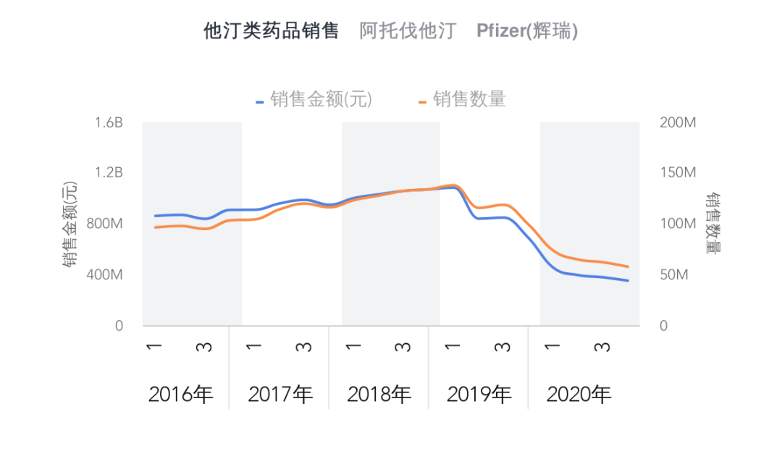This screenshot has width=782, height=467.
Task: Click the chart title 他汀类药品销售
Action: pos(271,31)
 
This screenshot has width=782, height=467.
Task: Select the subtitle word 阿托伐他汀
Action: pos(408,31)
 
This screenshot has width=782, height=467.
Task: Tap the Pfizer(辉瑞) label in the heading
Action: pos(527,31)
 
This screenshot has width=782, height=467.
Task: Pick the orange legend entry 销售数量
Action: pos(468,99)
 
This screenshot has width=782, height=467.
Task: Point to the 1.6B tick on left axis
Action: pos(109,122)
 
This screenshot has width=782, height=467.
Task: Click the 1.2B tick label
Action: pos(109,173)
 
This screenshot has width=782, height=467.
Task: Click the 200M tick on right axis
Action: pos(678,122)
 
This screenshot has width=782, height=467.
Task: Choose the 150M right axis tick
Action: pos(678,173)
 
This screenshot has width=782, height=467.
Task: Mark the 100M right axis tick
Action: pos(678,224)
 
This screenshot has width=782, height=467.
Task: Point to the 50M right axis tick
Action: pos(674,275)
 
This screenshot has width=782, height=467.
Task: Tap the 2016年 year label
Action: pos(180,395)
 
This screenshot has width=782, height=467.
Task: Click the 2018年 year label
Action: pos(379,395)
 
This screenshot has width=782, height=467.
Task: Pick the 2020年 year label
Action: pos(579,395)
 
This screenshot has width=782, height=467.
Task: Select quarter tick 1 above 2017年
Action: pos(254,347)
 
